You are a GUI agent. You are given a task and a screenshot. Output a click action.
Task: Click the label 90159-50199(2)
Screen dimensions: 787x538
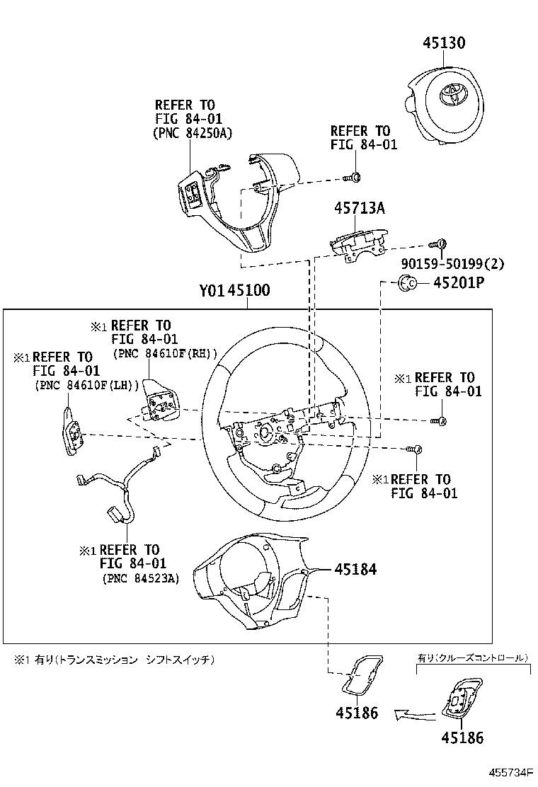coord(452,264)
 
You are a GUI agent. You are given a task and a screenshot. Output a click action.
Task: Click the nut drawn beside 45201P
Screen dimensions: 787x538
coord(408,284)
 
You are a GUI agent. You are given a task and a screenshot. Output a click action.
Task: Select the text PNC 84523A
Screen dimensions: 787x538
coord(140,578)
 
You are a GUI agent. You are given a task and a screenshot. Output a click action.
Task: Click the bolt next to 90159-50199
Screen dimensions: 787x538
coord(439,244)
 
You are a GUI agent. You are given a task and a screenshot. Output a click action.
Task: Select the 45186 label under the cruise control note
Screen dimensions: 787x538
coord(462,738)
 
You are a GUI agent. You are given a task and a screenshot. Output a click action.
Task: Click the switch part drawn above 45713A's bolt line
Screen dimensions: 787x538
coord(360,243)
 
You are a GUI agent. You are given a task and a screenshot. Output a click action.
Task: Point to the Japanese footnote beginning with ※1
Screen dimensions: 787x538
coord(113,660)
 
